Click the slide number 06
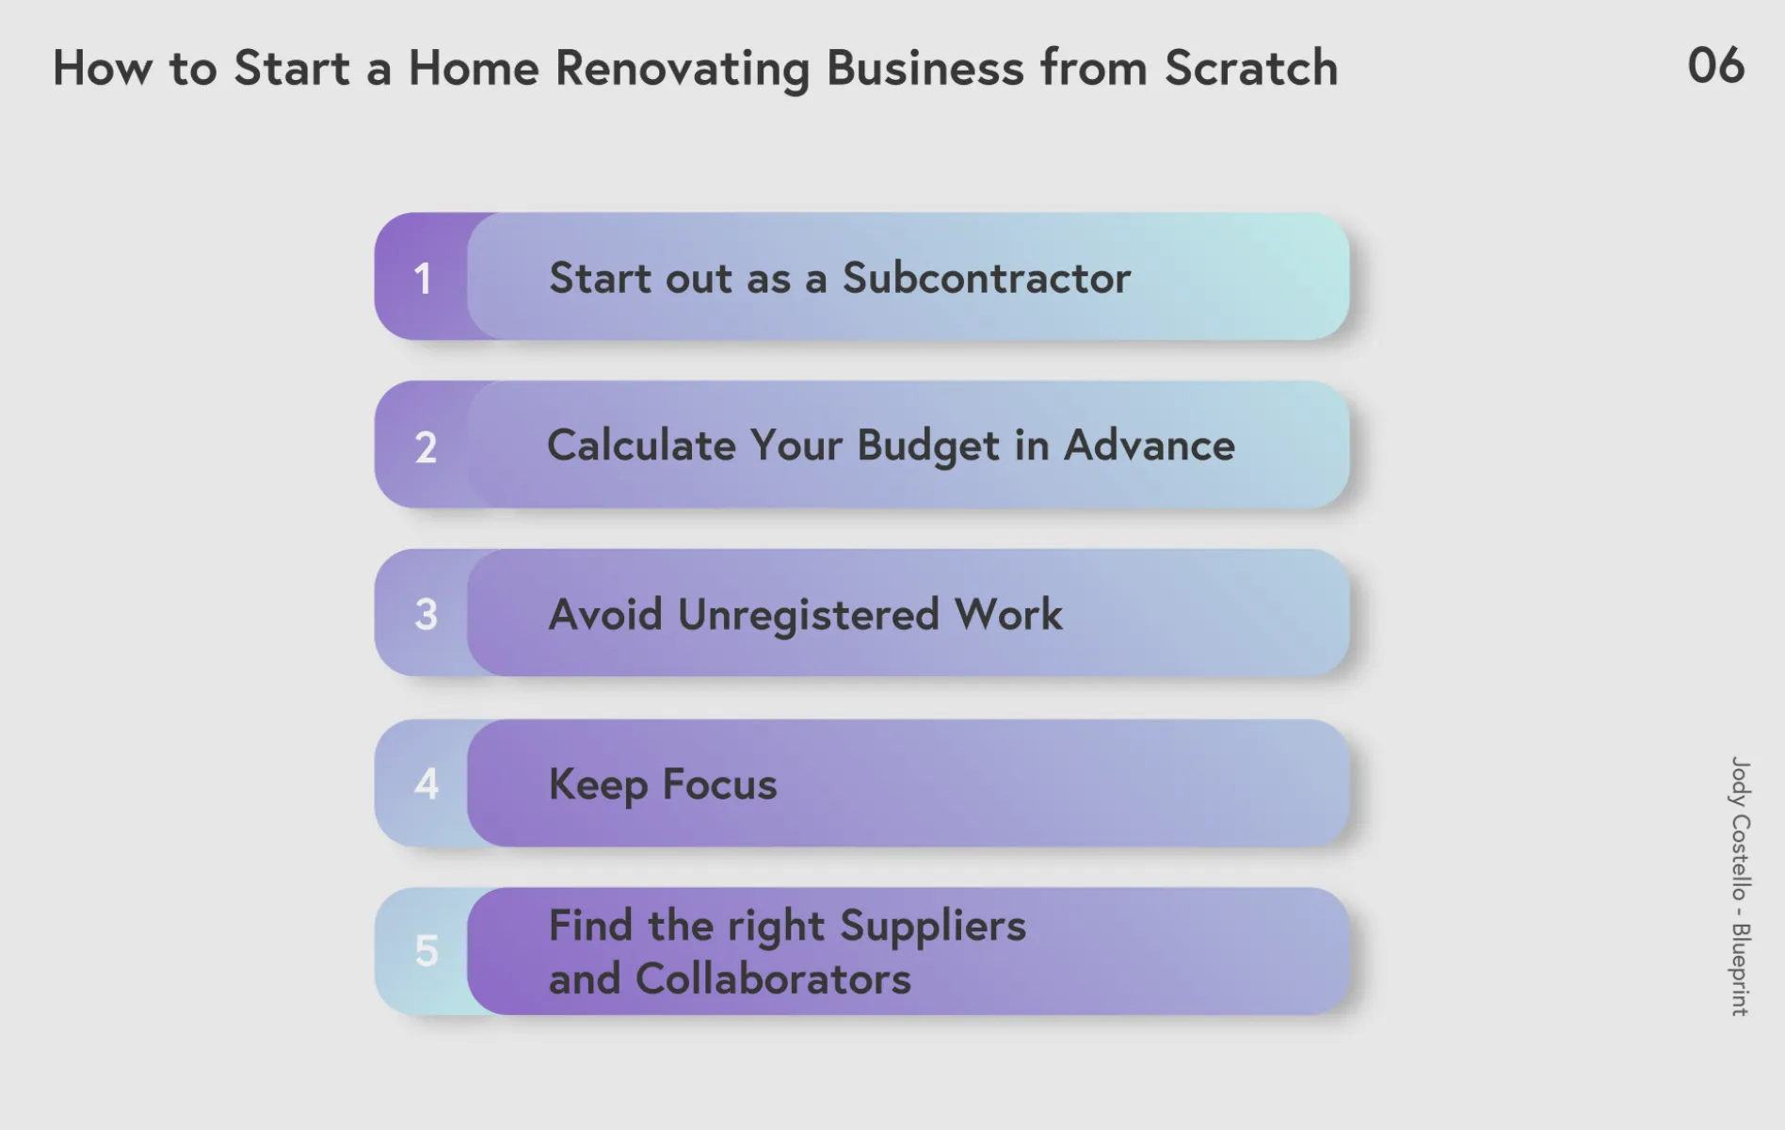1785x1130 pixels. coord(1715,66)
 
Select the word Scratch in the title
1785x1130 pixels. coord(1251,68)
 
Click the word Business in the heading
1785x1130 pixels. coord(925,68)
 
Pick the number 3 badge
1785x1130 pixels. coord(426,614)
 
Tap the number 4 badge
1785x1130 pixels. coord(426,783)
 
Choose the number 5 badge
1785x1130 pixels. coord(426,951)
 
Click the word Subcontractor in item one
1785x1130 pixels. coord(986,278)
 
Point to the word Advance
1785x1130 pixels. coord(1149,444)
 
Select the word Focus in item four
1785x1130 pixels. coord(719,783)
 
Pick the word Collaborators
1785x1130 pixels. coord(773,978)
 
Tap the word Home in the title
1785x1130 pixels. coord(474,68)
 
